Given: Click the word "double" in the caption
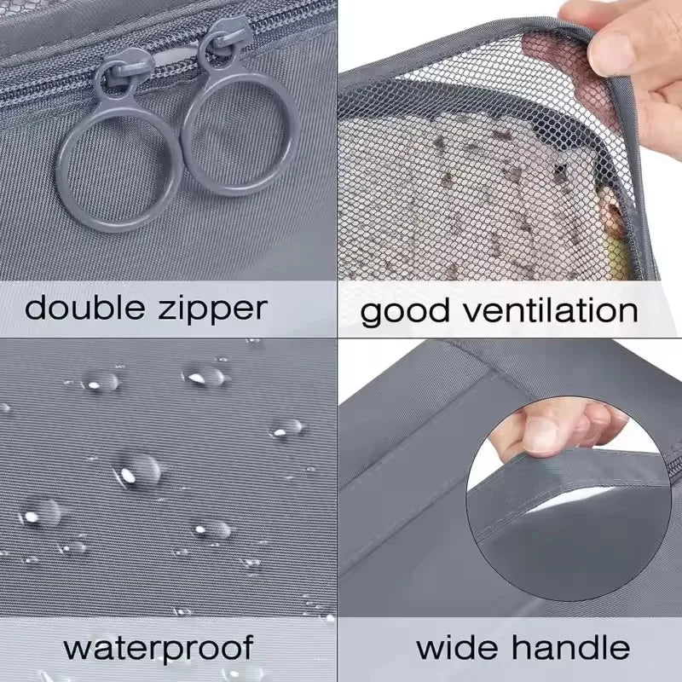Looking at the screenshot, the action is pyautogui.click(x=84, y=308).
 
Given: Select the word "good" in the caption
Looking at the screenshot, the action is pyautogui.click(x=404, y=312).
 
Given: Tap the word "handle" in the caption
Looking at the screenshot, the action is pyautogui.click(x=570, y=647).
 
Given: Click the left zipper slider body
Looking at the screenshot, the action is pyautogui.click(x=123, y=70).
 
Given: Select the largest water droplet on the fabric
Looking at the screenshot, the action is pyautogui.click(x=138, y=471).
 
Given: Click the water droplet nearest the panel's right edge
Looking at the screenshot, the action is pyautogui.click(x=287, y=428).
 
